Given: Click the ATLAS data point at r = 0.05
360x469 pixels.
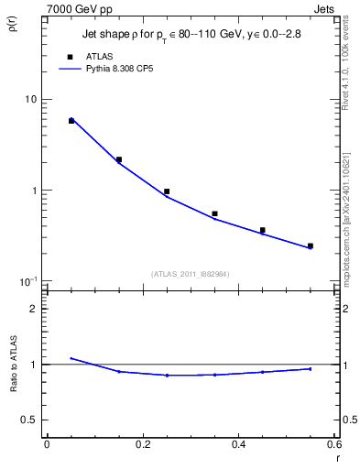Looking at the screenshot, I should point(71,120).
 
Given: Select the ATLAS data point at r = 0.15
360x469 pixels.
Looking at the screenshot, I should point(119,159).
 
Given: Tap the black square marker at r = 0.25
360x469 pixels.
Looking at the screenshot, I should point(167,191).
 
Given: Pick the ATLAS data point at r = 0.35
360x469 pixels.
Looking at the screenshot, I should point(214,213).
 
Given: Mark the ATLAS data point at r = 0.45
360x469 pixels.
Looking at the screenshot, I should point(262,230).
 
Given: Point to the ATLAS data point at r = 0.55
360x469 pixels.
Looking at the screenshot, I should point(311,245).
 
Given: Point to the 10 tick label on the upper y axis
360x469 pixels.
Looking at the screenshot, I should point(29,99).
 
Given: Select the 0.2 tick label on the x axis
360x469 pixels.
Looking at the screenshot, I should point(142,444).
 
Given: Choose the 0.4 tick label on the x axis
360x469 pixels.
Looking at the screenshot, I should point(238,444).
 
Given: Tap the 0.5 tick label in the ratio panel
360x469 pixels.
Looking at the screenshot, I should point(27,420).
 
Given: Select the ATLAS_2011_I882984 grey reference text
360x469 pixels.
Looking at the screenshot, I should point(190,273).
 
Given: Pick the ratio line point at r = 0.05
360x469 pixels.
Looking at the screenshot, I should point(71,358).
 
